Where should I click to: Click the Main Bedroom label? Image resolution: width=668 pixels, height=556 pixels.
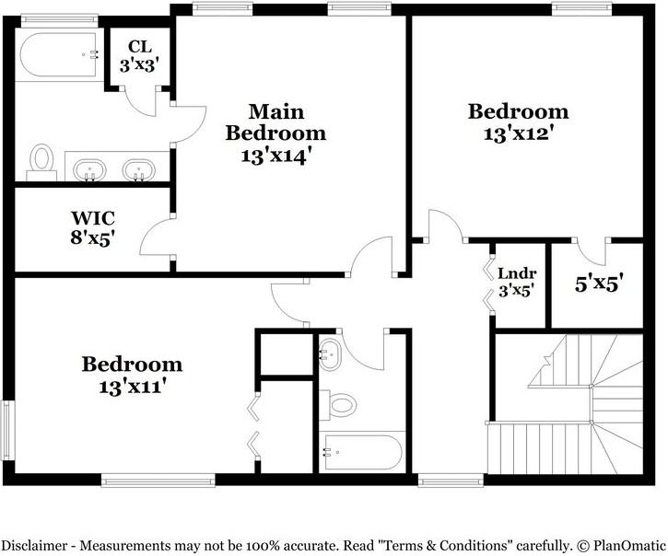[x=275, y=122]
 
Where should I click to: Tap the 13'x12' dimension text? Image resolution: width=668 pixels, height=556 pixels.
[x=518, y=134]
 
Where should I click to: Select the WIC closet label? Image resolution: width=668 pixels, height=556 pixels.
[x=93, y=218]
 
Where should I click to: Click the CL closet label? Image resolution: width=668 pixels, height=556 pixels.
[x=140, y=46]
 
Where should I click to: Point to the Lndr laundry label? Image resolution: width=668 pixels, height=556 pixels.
[x=517, y=272]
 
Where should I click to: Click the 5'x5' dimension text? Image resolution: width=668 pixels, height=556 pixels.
[x=599, y=284]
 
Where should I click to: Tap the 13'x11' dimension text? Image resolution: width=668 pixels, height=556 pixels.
[x=132, y=387]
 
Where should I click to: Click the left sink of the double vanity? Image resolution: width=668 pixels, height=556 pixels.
[x=88, y=170]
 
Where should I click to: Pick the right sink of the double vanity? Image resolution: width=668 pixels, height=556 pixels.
[x=138, y=170]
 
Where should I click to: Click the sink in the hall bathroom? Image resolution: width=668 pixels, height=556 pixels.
[x=330, y=354]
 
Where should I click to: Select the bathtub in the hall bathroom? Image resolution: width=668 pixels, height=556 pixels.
[x=363, y=453]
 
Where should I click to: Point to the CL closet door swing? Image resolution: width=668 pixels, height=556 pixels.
[x=141, y=101]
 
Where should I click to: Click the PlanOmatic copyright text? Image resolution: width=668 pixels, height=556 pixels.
[x=621, y=545]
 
